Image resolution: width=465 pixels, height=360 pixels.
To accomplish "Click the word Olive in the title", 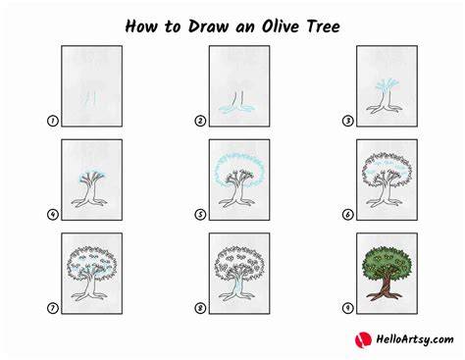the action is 281,26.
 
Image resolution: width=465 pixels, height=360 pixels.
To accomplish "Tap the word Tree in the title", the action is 324,26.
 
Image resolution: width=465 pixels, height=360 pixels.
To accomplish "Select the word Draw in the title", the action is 208,26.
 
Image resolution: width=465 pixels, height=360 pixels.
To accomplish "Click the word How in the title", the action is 141,26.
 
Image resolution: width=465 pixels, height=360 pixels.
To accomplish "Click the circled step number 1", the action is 52,121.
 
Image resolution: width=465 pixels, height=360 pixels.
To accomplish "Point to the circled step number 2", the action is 200,121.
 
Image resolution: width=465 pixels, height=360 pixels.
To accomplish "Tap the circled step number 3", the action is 347,121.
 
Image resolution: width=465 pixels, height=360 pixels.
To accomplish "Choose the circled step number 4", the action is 52,215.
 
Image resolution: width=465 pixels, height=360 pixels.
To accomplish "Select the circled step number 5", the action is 200,215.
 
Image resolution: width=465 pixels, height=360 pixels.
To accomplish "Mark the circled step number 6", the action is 347,215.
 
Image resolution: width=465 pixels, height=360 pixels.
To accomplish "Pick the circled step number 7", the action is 52,308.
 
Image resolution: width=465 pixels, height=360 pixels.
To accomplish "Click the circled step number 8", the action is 200,308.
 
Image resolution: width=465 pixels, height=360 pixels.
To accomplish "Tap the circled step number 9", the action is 347,308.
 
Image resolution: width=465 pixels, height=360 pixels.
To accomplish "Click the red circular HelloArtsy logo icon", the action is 363,339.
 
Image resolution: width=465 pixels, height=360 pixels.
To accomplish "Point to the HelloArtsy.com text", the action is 415,339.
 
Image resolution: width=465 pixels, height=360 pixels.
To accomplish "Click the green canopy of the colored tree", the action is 387,262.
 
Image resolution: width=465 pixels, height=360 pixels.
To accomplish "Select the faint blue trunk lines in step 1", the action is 91,98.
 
